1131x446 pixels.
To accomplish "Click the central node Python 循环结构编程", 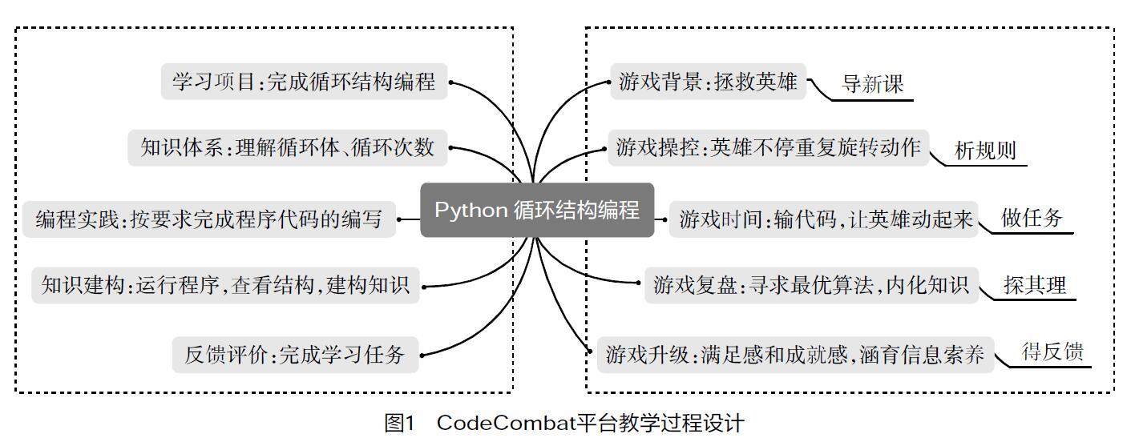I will coord(537,210).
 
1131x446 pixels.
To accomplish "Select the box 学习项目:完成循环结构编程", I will coord(304,82).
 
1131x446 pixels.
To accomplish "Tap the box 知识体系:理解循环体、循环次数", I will coord(287,148).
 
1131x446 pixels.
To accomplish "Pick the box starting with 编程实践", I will coord(208,219).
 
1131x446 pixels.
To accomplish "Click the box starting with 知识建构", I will coord(225,286).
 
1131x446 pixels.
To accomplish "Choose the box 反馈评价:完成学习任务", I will coord(295,354).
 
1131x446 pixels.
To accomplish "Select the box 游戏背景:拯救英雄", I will coord(708,82).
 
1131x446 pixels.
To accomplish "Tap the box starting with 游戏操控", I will coord(768,148).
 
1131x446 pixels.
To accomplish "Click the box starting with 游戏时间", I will coord(826,219).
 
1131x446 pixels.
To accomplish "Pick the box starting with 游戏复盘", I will coord(811,284).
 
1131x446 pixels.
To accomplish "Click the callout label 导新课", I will coord(873,84).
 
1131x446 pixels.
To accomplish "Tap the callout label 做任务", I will coord(1032,218).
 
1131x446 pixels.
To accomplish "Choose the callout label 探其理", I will coord(1035,285).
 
